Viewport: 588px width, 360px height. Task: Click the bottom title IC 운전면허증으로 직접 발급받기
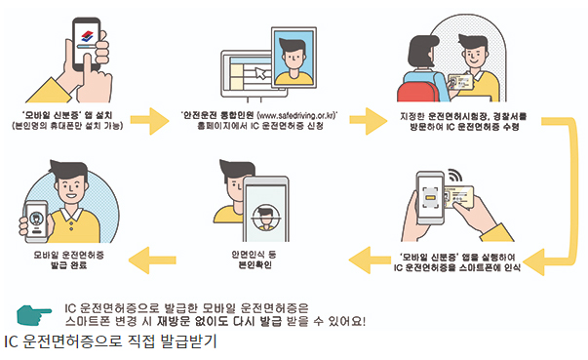click(x=109, y=342)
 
